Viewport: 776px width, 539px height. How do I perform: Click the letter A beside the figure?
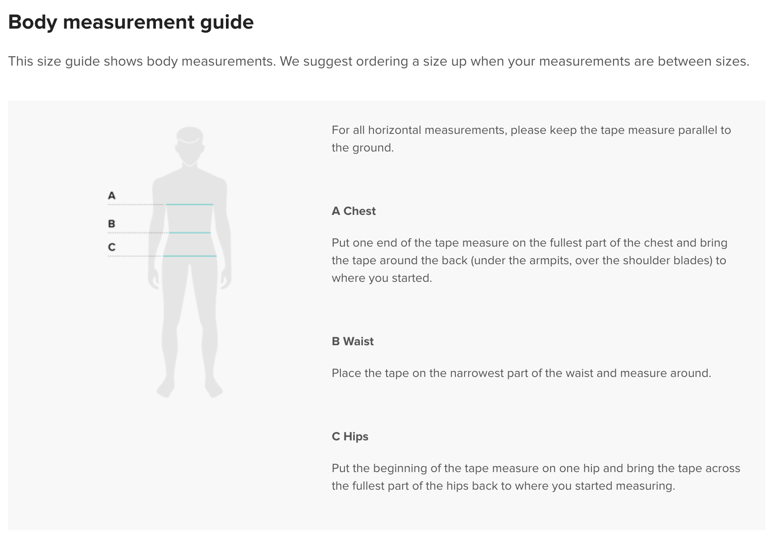click(x=112, y=196)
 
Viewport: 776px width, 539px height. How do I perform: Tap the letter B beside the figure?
click(x=112, y=224)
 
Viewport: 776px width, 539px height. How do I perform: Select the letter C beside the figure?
click(x=112, y=247)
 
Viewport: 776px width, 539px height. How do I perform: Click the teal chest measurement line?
click(x=190, y=204)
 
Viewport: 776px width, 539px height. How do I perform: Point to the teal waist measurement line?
click(x=190, y=233)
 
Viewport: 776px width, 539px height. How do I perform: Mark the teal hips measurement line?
click(x=190, y=256)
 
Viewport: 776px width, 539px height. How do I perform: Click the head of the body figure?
click(x=190, y=145)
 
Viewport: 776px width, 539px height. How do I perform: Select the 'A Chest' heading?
click(x=354, y=211)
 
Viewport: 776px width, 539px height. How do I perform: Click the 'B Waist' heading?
click(x=353, y=341)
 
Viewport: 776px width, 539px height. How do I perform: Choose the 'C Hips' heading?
click(x=350, y=436)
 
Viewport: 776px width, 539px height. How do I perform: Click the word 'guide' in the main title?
click(x=227, y=22)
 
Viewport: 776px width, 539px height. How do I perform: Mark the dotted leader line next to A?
click(x=136, y=204)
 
